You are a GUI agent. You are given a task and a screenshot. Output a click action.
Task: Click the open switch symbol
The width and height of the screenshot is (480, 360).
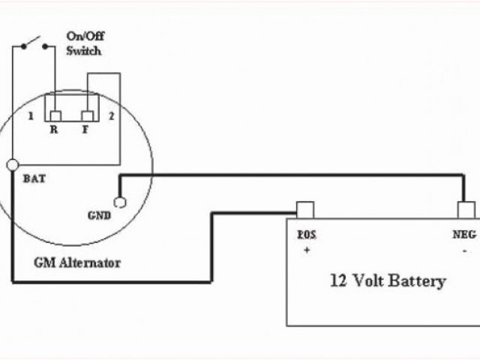pos(37,43)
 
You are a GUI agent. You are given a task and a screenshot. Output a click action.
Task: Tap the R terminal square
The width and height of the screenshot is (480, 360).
pos(55,115)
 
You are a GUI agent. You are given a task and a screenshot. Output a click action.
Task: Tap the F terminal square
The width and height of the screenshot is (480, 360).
pos(87,115)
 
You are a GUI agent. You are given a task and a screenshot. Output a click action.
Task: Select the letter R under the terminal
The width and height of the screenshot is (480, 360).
pos(54,130)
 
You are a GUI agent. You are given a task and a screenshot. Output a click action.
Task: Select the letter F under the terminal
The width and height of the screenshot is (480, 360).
pos(86,130)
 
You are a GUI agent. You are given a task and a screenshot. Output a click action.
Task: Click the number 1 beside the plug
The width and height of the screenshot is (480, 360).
pos(30,116)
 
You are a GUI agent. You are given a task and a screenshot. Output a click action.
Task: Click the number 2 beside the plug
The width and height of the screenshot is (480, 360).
pos(110,116)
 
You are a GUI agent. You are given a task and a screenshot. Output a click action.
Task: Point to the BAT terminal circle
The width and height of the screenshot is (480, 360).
pos(13,164)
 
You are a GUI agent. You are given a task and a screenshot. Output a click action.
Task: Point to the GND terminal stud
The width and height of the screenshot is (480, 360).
pos(118,202)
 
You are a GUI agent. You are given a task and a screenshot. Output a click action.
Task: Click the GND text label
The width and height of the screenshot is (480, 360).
pos(99,215)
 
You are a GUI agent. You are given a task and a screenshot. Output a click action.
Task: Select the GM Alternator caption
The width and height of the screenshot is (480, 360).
pos(77,263)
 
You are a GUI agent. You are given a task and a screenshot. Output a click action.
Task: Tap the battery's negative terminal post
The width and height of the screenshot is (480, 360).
pos(466,208)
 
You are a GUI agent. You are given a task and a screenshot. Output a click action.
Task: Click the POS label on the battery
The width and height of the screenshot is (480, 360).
pos(307,235)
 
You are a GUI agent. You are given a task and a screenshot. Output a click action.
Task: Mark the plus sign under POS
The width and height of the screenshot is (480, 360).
pos(306,250)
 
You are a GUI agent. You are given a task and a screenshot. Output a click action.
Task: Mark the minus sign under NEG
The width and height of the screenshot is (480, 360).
pos(465,250)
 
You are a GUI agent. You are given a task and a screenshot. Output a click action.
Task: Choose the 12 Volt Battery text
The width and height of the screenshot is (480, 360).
pos(388,282)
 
